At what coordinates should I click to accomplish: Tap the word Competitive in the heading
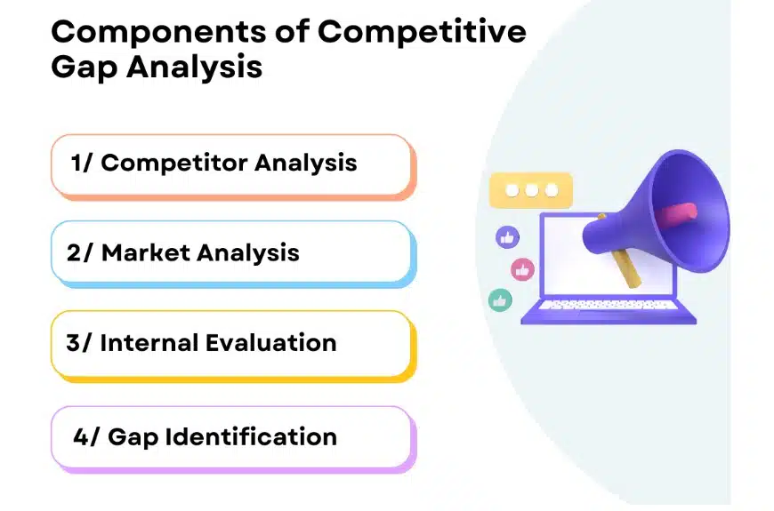click(422, 32)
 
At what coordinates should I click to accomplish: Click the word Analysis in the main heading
click(198, 67)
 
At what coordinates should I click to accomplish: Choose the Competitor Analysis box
click(231, 164)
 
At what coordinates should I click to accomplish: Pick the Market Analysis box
click(231, 253)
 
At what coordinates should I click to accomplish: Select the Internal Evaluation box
click(231, 343)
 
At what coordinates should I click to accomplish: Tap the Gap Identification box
click(231, 437)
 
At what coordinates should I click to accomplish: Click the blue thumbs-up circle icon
click(507, 237)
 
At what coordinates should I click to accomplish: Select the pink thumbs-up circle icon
click(522, 269)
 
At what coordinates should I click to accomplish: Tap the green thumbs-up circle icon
click(501, 300)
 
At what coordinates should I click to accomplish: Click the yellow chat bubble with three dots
click(531, 190)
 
